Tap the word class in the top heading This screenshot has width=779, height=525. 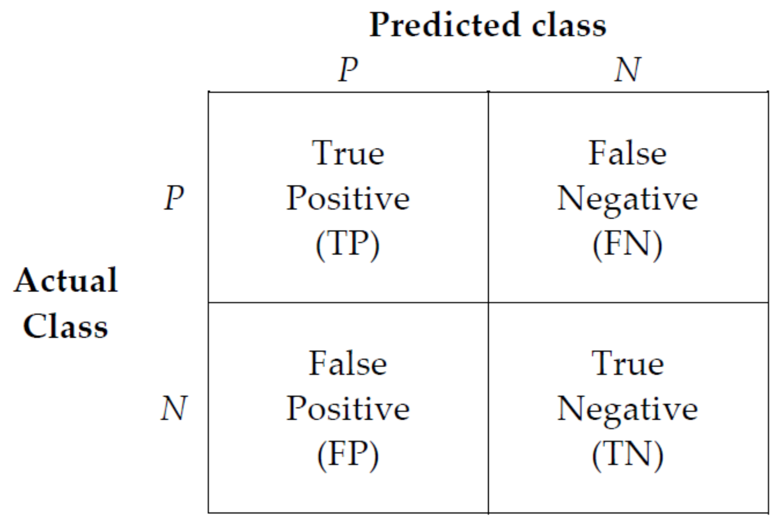pyautogui.click(x=569, y=25)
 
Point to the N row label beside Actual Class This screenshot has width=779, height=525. pyautogui.click(x=174, y=408)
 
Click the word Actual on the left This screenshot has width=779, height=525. pyautogui.click(x=66, y=280)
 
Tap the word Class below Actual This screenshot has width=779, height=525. pyautogui.click(x=65, y=326)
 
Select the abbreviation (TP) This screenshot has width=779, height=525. pyautogui.click(x=348, y=244)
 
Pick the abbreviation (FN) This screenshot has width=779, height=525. pyautogui.click(x=627, y=244)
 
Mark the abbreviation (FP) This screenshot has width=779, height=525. pyautogui.click(x=348, y=455)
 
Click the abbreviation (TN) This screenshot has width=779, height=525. pyautogui.click(x=627, y=455)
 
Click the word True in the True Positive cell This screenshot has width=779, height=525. pyautogui.click(x=348, y=153)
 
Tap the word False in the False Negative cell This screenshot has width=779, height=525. pyautogui.click(x=627, y=153)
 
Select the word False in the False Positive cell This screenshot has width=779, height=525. pyautogui.click(x=348, y=363)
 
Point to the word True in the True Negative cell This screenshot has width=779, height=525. pyautogui.click(x=627, y=363)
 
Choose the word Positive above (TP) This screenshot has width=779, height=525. pyautogui.click(x=348, y=198)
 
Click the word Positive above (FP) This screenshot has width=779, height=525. pyautogui.click(x=348, y=409)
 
